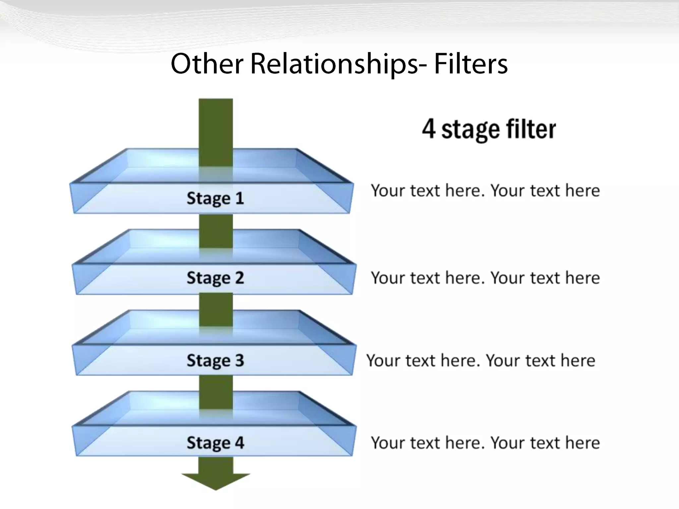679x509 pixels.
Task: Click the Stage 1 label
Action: click(x=215, y=198)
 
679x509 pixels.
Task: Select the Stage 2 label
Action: click(x=215, y=278)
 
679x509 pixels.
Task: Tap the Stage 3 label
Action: click(x=215, y=360)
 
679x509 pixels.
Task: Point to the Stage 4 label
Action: click(x=215, y=443)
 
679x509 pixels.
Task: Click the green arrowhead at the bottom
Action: click(x=216, y=481)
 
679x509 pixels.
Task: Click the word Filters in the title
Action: click(x=471, y=64)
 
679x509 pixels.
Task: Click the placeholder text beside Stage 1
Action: click(x=485, y=191)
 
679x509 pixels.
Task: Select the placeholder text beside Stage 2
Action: click(x=485, y=278)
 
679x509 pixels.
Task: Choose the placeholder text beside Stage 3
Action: click(x=481, y=360)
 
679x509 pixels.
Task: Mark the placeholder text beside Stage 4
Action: click(x=485, y=443)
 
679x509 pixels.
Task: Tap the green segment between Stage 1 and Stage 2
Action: click(x=216, y=231)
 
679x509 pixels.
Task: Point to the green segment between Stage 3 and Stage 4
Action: click(x=216, y=392)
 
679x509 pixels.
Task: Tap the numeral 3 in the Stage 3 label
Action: click(x=239, y=360)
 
